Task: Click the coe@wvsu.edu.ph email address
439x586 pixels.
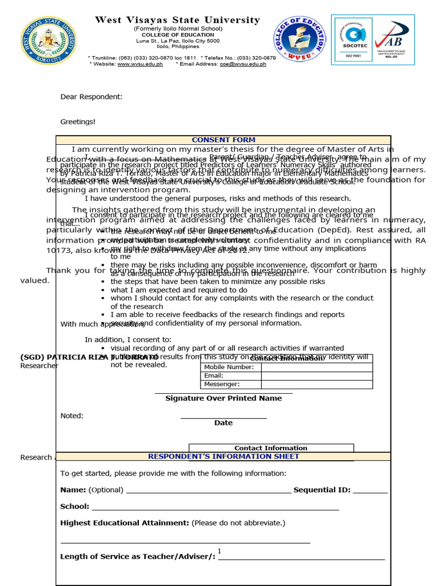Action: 243,64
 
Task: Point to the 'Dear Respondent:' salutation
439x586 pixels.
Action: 91,97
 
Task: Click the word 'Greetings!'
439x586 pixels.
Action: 78,121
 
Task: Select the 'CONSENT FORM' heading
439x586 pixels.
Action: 224,140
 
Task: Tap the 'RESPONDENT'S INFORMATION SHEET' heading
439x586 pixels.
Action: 224,456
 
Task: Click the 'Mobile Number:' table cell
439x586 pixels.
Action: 229,367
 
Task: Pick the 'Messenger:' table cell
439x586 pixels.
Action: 222,384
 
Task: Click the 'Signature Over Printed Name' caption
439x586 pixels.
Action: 224,398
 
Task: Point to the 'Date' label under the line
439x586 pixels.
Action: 224,423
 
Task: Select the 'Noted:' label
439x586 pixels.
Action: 72,415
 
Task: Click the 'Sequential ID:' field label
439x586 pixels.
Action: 322,490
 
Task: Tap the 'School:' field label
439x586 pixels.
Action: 75,506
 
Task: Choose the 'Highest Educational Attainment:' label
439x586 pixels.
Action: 125,523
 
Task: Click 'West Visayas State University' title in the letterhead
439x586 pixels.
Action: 177,20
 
